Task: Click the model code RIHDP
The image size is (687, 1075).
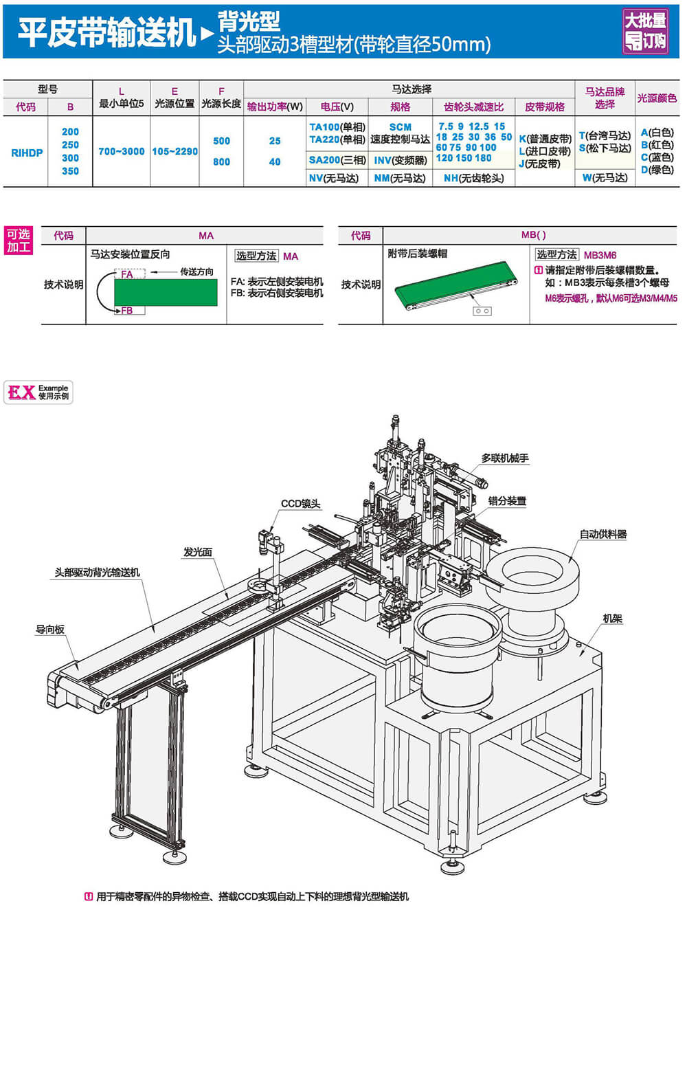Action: click(x=27, y=153)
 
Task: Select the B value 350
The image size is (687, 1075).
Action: click(x=70, y=171)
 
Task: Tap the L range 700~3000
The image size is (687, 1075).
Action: click(x=121, y=151)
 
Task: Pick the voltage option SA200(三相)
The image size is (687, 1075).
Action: click(x=337, y=160)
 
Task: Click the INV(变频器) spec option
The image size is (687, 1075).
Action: click(x=401, y=160)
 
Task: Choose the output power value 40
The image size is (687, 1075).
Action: click(x=275, y=162)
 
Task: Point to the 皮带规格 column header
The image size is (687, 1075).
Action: click(x=544, y=107)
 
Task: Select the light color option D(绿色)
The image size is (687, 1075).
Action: click(x=657, y=170)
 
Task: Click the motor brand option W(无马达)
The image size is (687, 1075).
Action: click(x=605, y=178)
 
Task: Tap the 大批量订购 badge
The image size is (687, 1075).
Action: click(x=645, y=31)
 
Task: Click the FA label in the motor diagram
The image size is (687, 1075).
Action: click(x=127, y=274)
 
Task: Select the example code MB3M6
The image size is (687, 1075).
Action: click(x=600, y=255)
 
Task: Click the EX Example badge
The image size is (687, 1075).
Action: click(x=38, y=392)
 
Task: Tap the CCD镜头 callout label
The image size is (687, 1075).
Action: click(x=300, y=504)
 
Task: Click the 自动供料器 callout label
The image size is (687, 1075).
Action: click(x=602, y=534)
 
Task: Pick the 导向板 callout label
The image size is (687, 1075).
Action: click(x=50, y=630)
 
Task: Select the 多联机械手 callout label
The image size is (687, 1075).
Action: click(x=504, y=458)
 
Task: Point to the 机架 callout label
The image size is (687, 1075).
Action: click(x=612, y=619)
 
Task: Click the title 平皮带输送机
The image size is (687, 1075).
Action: click(x=106, y=32)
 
